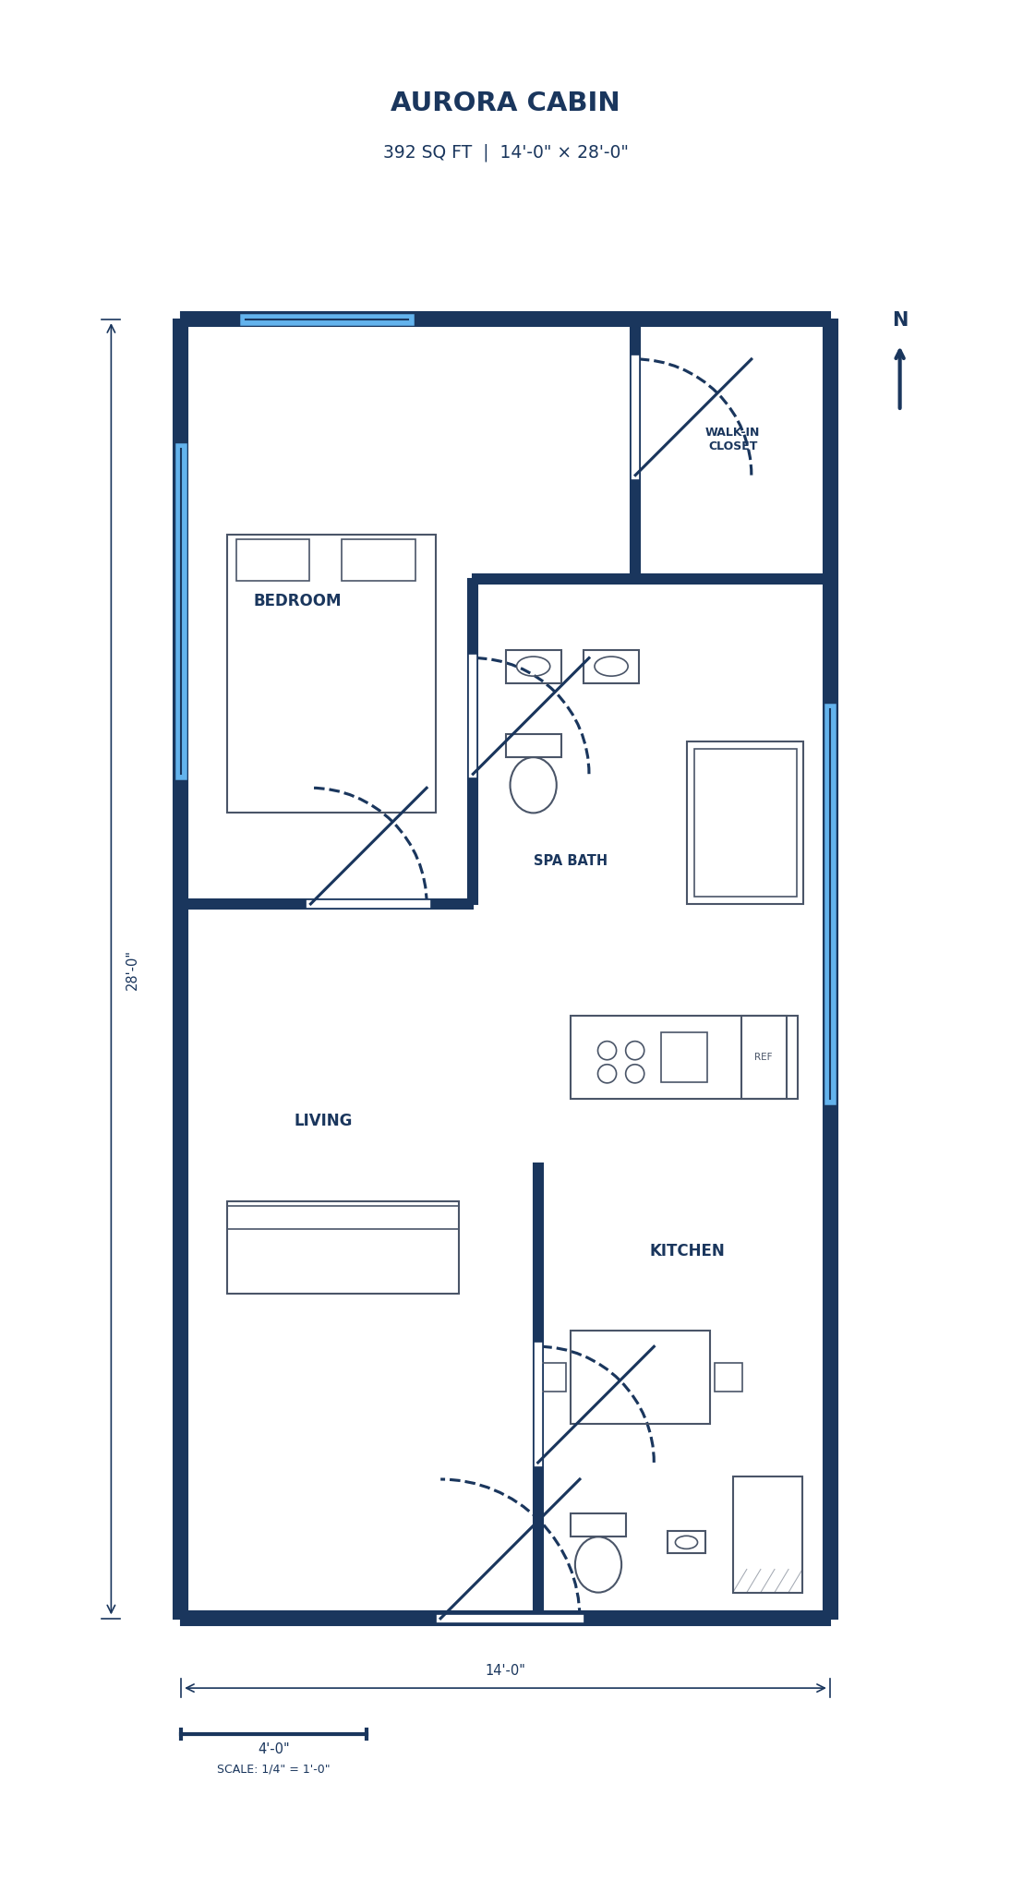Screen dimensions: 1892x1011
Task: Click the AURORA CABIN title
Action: [x=505, y=102]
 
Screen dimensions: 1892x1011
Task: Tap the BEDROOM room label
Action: [x=297, y=601]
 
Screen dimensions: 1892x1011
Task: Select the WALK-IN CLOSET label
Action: [x=732, y=440]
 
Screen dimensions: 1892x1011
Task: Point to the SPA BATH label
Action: [x=570, y=861]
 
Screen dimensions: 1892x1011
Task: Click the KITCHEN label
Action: [x=686, y=1251]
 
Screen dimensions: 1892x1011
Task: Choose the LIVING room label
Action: [x=322, y=1121]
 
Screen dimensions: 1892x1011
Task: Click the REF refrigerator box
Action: [x=764, y=1057]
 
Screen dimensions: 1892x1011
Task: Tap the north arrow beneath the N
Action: [x=899, y=379]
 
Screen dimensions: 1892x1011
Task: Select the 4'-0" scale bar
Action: [x=273, y=1734]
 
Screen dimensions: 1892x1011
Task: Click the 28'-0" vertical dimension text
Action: [x=132, y=970]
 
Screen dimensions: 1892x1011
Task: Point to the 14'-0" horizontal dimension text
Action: [x=505, y=1670]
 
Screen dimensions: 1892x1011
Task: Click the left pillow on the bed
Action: [x=272, y=560]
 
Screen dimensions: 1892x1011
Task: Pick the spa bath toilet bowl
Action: [x=533, y=785]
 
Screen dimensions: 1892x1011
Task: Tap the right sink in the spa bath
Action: [x=610, y=667]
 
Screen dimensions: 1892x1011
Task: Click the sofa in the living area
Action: [x=343, y=1248]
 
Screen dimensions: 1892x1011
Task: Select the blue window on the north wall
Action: [x=327, y=319]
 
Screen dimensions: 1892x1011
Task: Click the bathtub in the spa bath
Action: [x=744, y=823]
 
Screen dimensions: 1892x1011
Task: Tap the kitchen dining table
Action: [x=640, y=1377]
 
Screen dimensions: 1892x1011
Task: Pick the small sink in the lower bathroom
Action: [x=686, y=1542]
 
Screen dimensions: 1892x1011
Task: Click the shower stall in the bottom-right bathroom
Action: [x=767, y=1535]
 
